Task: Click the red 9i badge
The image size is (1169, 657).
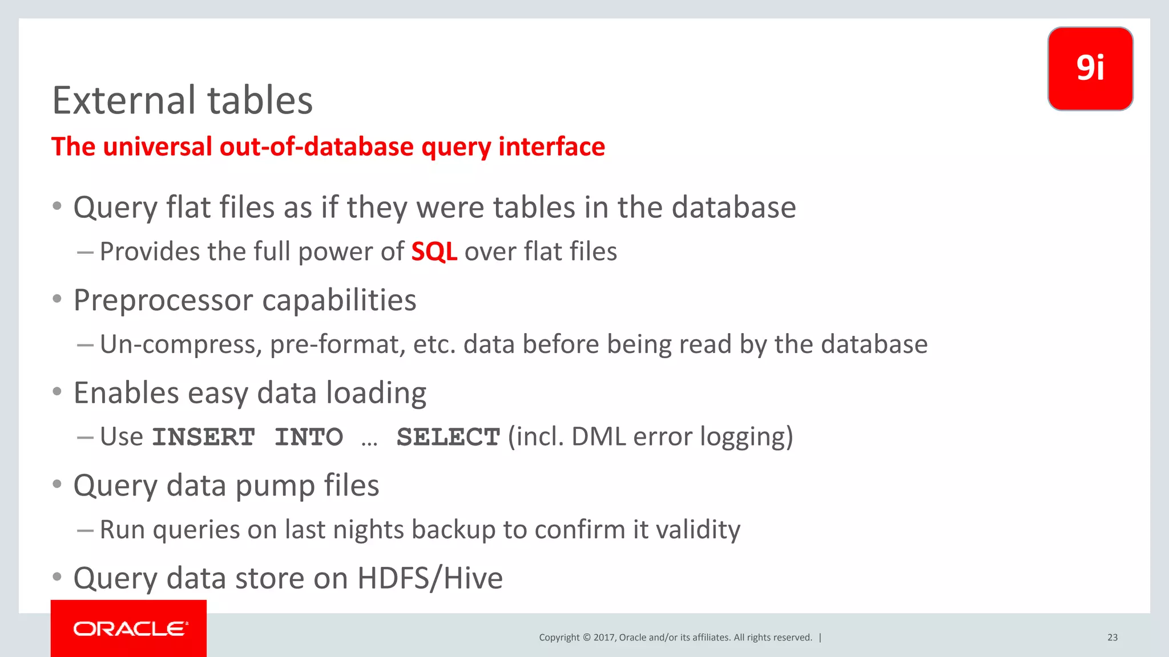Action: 1090,68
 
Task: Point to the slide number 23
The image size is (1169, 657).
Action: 1112,638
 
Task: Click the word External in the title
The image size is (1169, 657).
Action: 124,100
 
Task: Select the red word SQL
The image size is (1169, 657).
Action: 434,252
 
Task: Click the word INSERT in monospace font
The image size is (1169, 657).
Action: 204,437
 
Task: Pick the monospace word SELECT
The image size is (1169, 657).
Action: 448,437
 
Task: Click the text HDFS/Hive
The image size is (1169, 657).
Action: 430,578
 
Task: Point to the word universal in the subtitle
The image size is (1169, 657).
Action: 158,147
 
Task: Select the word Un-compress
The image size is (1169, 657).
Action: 181,344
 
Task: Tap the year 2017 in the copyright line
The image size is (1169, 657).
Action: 604,638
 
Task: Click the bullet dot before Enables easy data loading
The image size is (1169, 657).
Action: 57,392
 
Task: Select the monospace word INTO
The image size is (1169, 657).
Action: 309,437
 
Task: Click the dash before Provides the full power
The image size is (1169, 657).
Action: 85,252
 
